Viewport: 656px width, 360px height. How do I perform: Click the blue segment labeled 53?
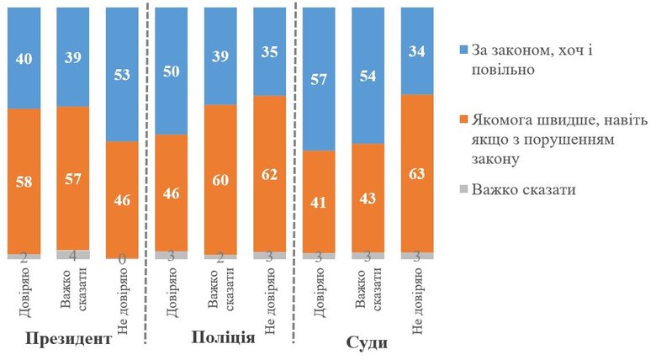(x=121, y=74)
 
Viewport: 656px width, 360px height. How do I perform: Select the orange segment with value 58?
(x=24, y=181)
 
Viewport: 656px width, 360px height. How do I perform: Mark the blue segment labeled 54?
(x=367, y=74)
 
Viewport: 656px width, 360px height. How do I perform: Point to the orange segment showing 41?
(x=318, y=201)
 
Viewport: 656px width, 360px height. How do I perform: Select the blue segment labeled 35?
(x=269, y=50)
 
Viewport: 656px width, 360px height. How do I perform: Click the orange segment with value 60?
(x=220, y=178)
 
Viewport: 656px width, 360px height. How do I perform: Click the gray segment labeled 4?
(x=72, y=254)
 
